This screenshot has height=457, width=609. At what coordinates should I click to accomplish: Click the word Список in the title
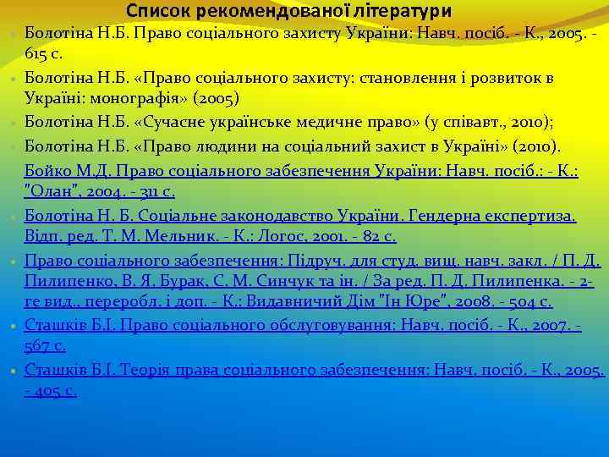tap(157, 11)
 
